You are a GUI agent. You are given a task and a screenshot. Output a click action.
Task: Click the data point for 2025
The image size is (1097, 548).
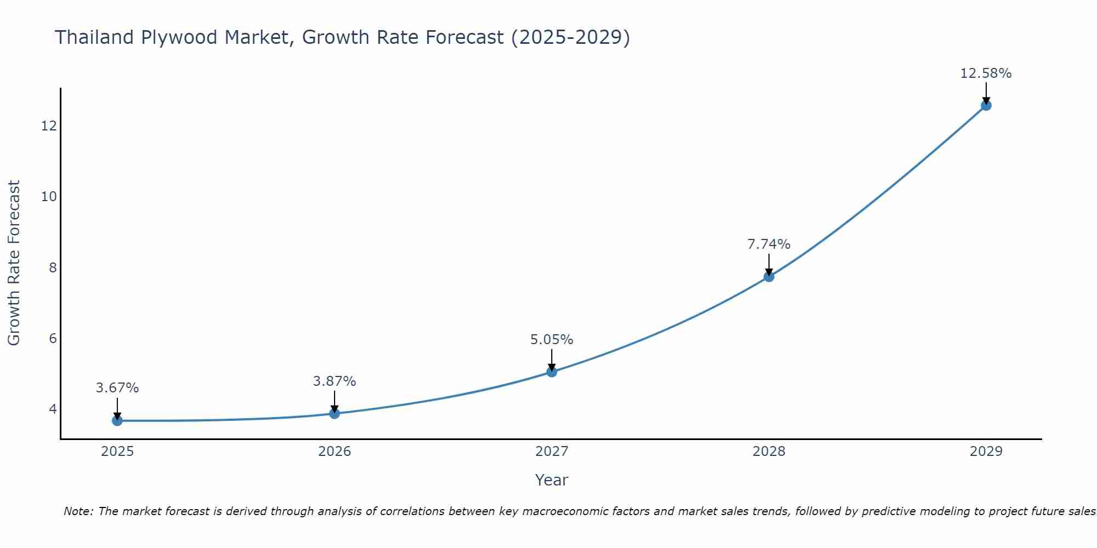tap(117, 420)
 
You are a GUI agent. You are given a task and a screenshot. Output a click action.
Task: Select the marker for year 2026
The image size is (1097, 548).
tap(335, 413)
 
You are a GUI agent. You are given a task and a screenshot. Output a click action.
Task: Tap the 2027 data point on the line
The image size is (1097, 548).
tap(552, 372)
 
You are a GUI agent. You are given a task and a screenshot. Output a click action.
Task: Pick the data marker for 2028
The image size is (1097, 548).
tap(769, 277)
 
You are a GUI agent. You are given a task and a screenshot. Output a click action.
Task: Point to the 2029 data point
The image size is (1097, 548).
tap(986, 105)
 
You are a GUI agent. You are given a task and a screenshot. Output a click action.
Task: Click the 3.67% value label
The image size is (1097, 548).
tap(117, 388)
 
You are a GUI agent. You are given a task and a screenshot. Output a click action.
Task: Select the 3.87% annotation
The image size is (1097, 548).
tap(335, 381)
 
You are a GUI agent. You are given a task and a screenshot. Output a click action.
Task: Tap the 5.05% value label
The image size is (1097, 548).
tap(552, 340)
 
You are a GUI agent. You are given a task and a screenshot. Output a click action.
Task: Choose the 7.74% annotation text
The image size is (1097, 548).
tap(769, 244)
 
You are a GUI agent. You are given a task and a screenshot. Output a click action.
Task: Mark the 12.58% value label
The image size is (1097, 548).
tap(986, 73)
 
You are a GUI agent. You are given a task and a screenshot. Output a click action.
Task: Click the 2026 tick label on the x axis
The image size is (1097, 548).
tap(335, 452)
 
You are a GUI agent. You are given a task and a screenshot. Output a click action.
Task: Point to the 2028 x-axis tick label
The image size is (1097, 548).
tap(769, 452)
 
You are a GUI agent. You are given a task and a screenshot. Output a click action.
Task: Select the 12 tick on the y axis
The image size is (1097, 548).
tap(49, 126)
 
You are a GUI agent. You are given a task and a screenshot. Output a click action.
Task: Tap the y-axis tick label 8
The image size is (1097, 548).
tap(53, 267)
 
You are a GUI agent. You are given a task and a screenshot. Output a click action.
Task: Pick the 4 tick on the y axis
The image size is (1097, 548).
tap(53, 409)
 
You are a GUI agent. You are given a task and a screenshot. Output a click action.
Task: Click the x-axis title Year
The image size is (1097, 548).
tap(552, 480)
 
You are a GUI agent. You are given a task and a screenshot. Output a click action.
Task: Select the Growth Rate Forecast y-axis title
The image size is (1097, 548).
tap(14, 263)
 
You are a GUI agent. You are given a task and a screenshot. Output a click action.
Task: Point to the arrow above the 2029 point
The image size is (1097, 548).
tap(986, 92)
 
